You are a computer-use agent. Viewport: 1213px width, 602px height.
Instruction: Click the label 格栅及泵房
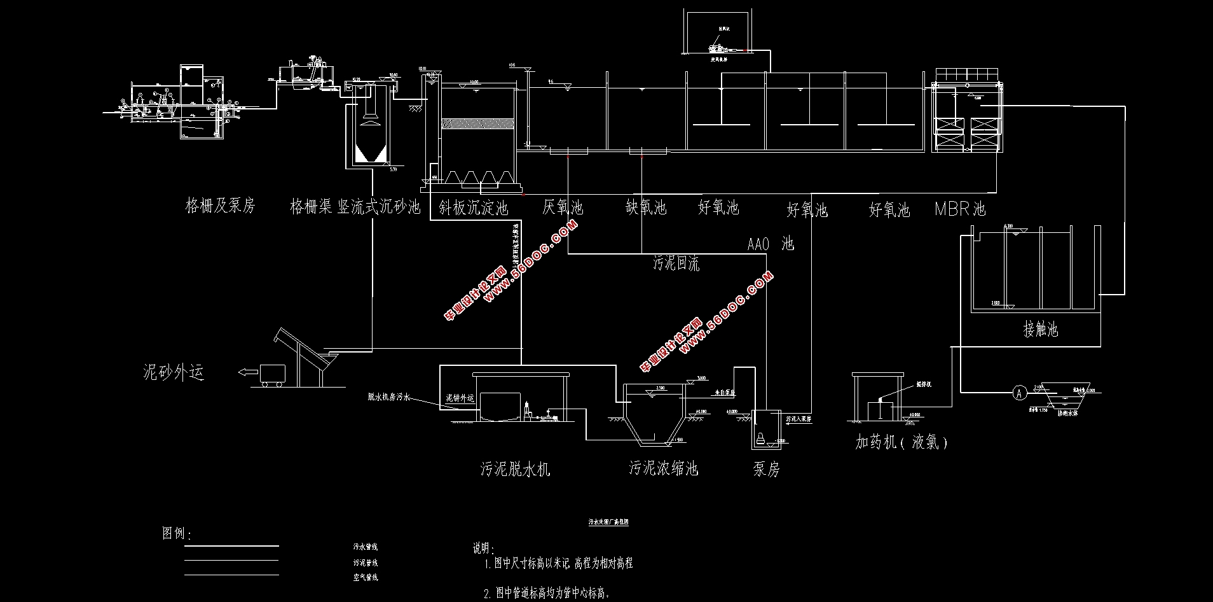(219, 206)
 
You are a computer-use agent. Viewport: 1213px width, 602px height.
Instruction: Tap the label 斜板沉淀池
(474, 207)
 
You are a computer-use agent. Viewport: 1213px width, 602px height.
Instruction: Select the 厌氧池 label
(563, 207)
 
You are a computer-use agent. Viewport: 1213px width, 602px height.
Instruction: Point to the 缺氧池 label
(645, 207)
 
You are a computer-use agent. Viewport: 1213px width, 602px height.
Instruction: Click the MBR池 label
(960, 209)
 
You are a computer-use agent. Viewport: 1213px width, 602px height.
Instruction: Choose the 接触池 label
(1041, 330)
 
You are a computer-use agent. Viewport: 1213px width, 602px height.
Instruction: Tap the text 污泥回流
(676, 263)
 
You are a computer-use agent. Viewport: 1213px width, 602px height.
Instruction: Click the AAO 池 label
(771, 244)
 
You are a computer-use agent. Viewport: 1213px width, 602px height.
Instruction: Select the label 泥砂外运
(174, 372)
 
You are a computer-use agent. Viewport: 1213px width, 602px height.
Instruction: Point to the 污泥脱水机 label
(515, 470)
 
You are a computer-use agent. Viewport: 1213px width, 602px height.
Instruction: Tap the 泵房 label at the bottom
(765, 470)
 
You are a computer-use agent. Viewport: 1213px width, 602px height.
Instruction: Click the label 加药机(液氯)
(901, 442)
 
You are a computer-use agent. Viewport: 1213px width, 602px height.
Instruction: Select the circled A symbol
(1019, 393)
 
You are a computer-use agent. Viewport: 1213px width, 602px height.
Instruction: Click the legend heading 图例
(176, 533)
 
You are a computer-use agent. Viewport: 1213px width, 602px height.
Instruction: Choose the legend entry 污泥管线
(366, 563)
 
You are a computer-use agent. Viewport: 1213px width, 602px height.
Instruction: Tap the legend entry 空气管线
(366, 578)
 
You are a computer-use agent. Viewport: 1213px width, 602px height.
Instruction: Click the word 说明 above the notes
(483, 548)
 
